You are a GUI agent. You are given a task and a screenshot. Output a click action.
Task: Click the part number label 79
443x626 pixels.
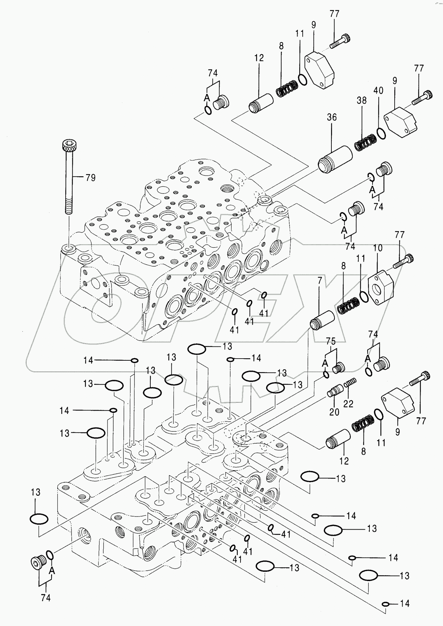pyautogui.click(x=90, y=178)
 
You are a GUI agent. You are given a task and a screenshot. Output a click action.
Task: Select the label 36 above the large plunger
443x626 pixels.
pyautogui.click(x=331, y=117)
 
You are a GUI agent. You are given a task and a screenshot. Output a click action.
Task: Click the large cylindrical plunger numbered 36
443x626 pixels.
pyautogui.click(x=334, y=159)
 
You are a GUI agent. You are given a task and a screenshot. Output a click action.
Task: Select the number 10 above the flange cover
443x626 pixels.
pyautogui.click(x=378, y=248)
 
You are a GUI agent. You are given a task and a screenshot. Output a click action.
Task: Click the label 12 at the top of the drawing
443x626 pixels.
pyautogui.click(x=259, y=58)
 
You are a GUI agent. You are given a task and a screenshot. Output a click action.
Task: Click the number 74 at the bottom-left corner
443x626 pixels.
pyautogui.click(x=45, y=598)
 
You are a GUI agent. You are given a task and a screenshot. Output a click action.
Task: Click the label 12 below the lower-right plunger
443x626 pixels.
pyautogui.click(x=344, y=461)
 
